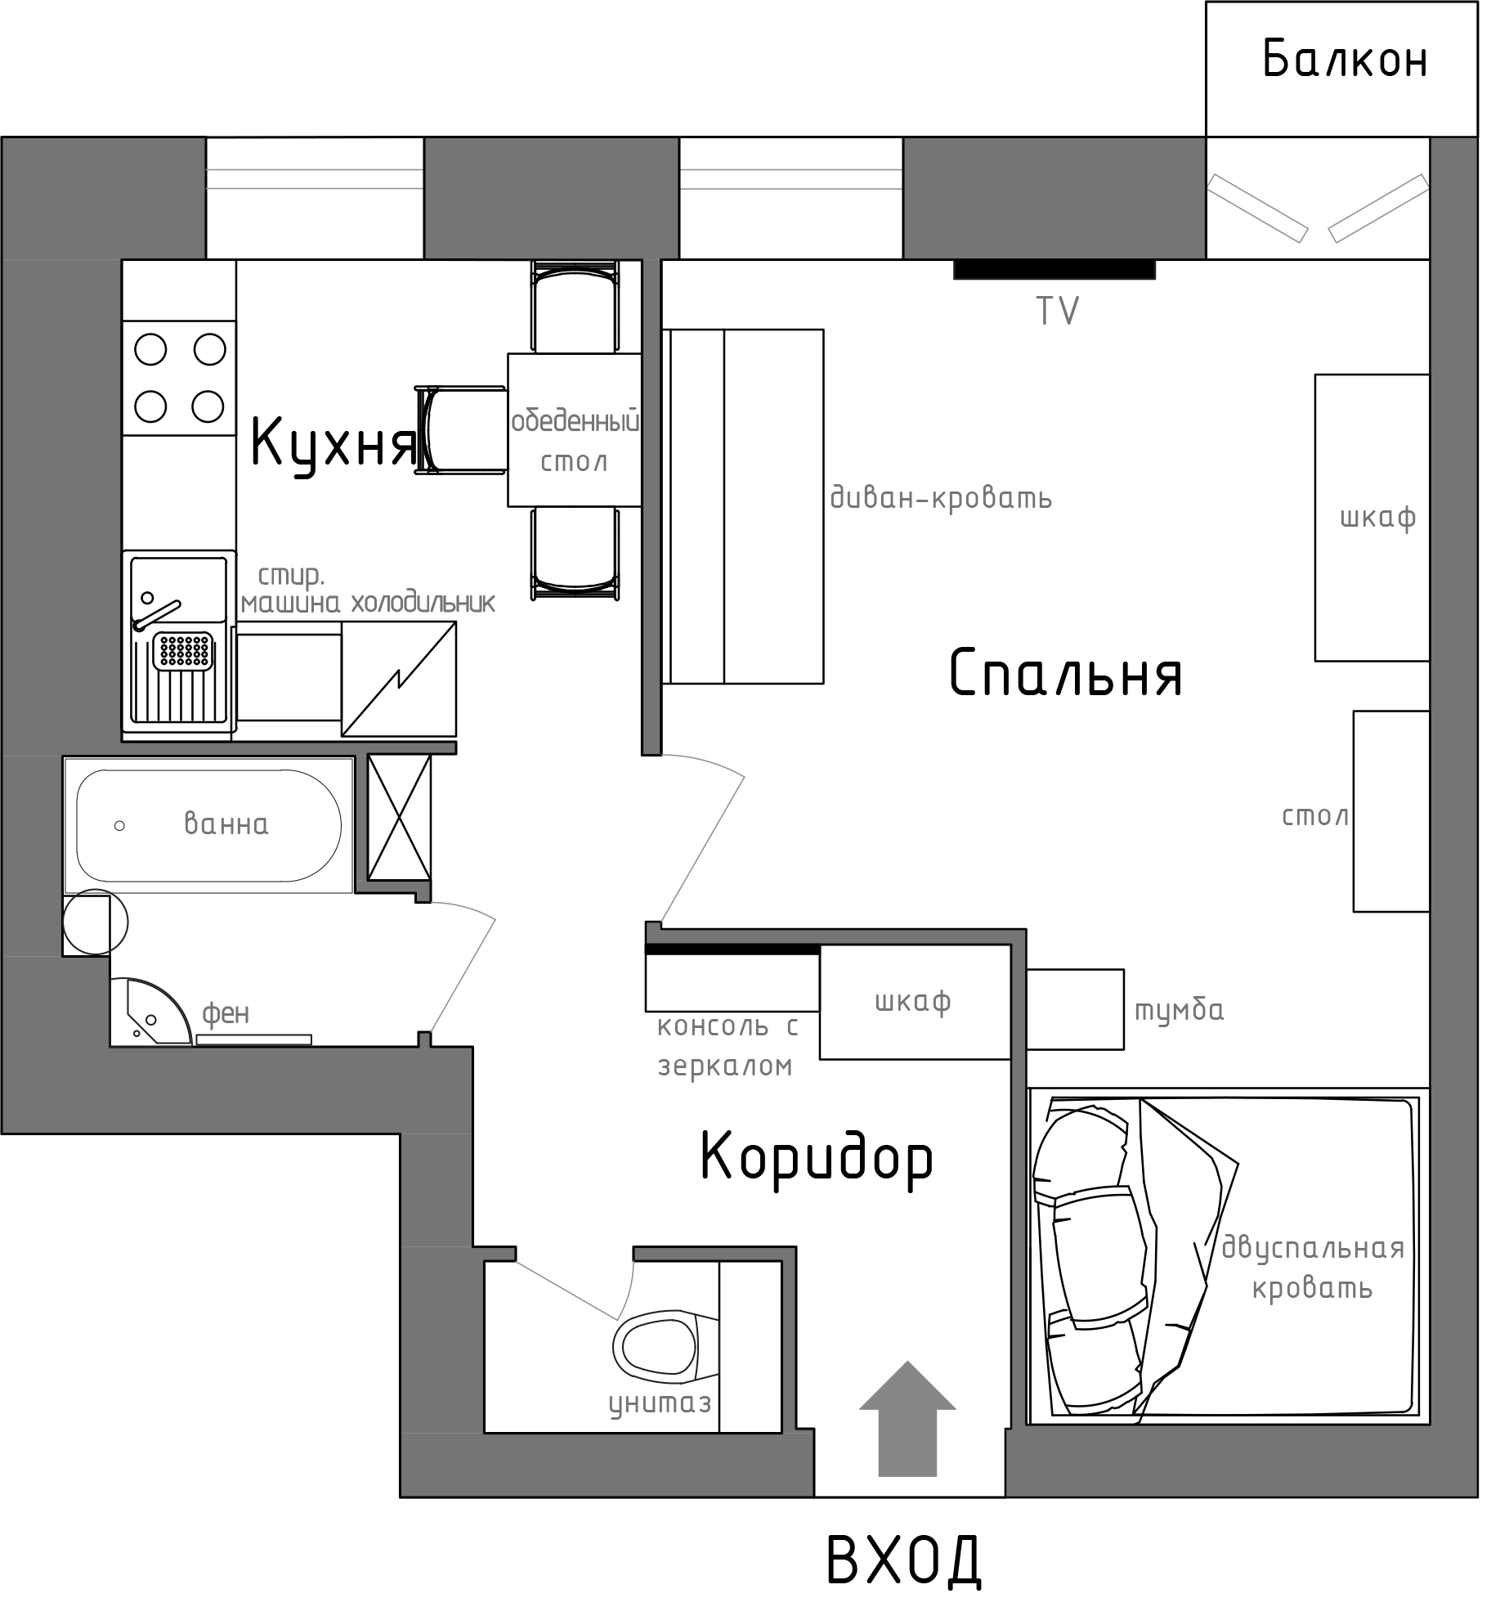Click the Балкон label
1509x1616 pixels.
pos(1345,59)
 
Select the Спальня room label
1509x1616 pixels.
pos(1066,673)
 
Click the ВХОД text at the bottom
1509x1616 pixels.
pos(904,1560)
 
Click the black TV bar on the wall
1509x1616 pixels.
pos(1055,269)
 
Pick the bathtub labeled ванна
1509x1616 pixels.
pos(209,825)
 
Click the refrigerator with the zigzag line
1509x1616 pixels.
pos(399,679)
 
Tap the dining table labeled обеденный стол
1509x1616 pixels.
pos(574,429)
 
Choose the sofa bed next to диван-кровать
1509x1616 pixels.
pos(742,506)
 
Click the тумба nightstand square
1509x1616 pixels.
pos(1075,1009)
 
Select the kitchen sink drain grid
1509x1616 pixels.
pos(185,650)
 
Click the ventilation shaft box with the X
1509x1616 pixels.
pos(399,817)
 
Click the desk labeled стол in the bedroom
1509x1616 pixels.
pos(1391,811)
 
